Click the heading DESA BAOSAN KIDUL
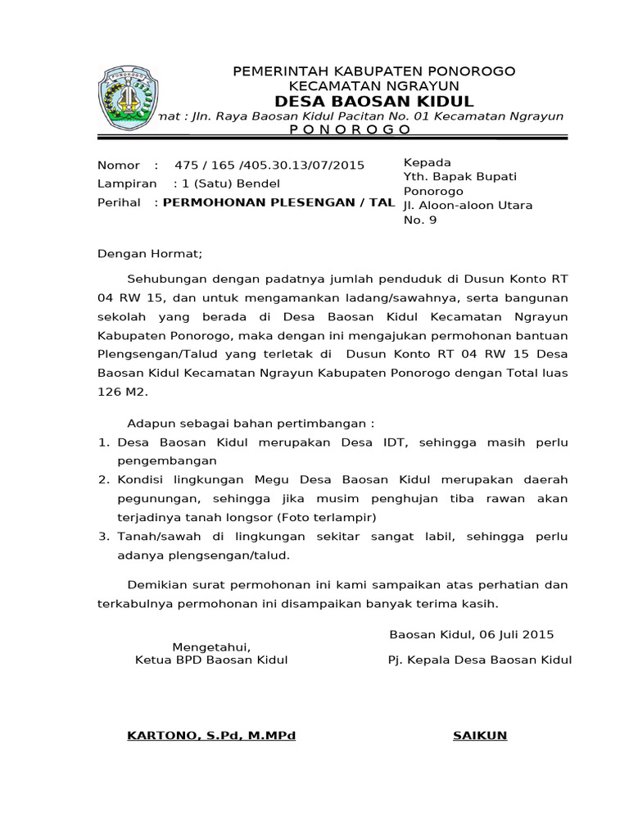pos(374,102)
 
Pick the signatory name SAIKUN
pos(480,735)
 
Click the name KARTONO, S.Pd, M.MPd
pos(210,735)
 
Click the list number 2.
pos(103,479)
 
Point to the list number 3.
pos(103,537)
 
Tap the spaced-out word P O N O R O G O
pos(351,130)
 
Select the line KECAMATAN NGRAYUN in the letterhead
pos(374,85)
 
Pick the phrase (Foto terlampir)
pos(326,518)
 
